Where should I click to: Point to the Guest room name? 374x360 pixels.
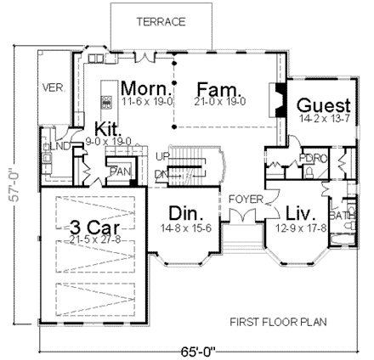pyautogui.click(x=324, y=105)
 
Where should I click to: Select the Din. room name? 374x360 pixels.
pyautogui.click(x=183, y=212)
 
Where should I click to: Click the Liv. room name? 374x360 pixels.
pyautogui.click(x=301, y=212)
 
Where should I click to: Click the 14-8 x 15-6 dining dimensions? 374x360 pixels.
pyautogui.click(x=184, y=228)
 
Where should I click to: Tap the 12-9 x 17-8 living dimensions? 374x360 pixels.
pyautogui.click(x=302, y=228)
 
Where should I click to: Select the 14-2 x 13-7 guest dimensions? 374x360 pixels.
pyautogui.click(x=324, y=121)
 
